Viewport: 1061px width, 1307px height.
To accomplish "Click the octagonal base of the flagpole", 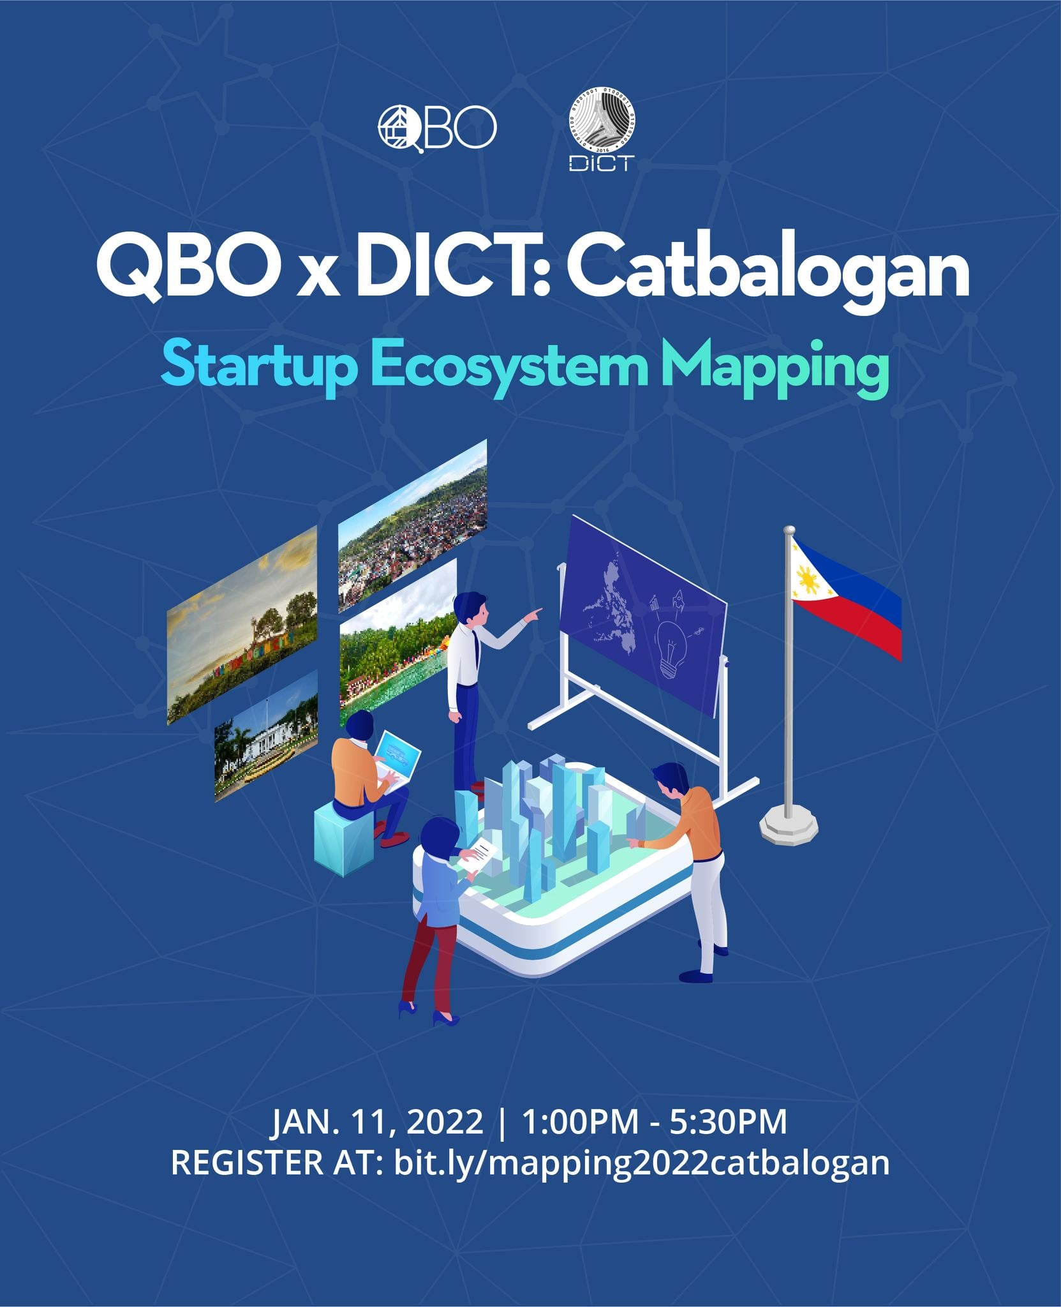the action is click(x=789, y=827).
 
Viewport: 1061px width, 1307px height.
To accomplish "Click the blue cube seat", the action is click(x=345, y=836).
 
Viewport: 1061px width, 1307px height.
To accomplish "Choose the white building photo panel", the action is click(x=266, y=736).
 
